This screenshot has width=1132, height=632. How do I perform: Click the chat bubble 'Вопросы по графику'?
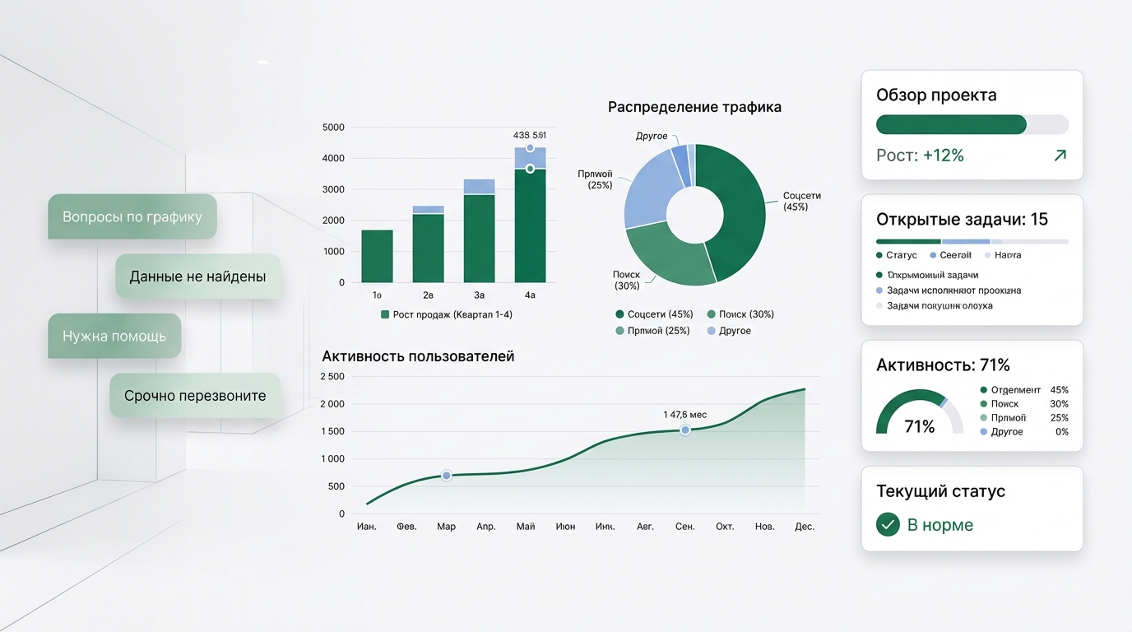click(132, 217)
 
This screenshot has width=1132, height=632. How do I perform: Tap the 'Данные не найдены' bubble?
click(197, 276)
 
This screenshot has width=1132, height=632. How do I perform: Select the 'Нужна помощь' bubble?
click(114, 336)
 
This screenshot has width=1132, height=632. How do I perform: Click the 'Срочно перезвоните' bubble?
click(195, 396)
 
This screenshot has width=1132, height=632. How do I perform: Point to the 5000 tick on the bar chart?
click(333, 128)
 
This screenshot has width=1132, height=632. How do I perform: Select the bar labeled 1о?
click(377, 256)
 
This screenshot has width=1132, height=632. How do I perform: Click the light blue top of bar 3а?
click(479, 186)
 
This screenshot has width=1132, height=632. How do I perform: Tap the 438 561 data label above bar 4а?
click(529, 135)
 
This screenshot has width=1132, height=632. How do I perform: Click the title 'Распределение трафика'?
click(694, 107)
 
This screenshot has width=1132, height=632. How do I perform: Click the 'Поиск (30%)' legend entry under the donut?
click(740, 314)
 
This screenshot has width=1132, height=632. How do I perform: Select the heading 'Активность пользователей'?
click(418, 356)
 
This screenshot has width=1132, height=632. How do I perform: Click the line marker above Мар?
click(446, 475)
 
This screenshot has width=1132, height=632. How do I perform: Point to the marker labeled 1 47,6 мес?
click(684, 430)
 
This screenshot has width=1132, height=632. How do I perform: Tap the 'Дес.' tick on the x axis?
click(804, 527)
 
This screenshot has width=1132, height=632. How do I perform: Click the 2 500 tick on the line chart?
click(332, 377)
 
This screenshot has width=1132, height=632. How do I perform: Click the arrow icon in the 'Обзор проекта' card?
click(1060, 156)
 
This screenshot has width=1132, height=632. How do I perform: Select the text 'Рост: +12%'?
click(920, 156)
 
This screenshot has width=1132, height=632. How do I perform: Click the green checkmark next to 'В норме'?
click(888, 524)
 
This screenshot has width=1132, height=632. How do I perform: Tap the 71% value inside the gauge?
click(919, 426)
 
